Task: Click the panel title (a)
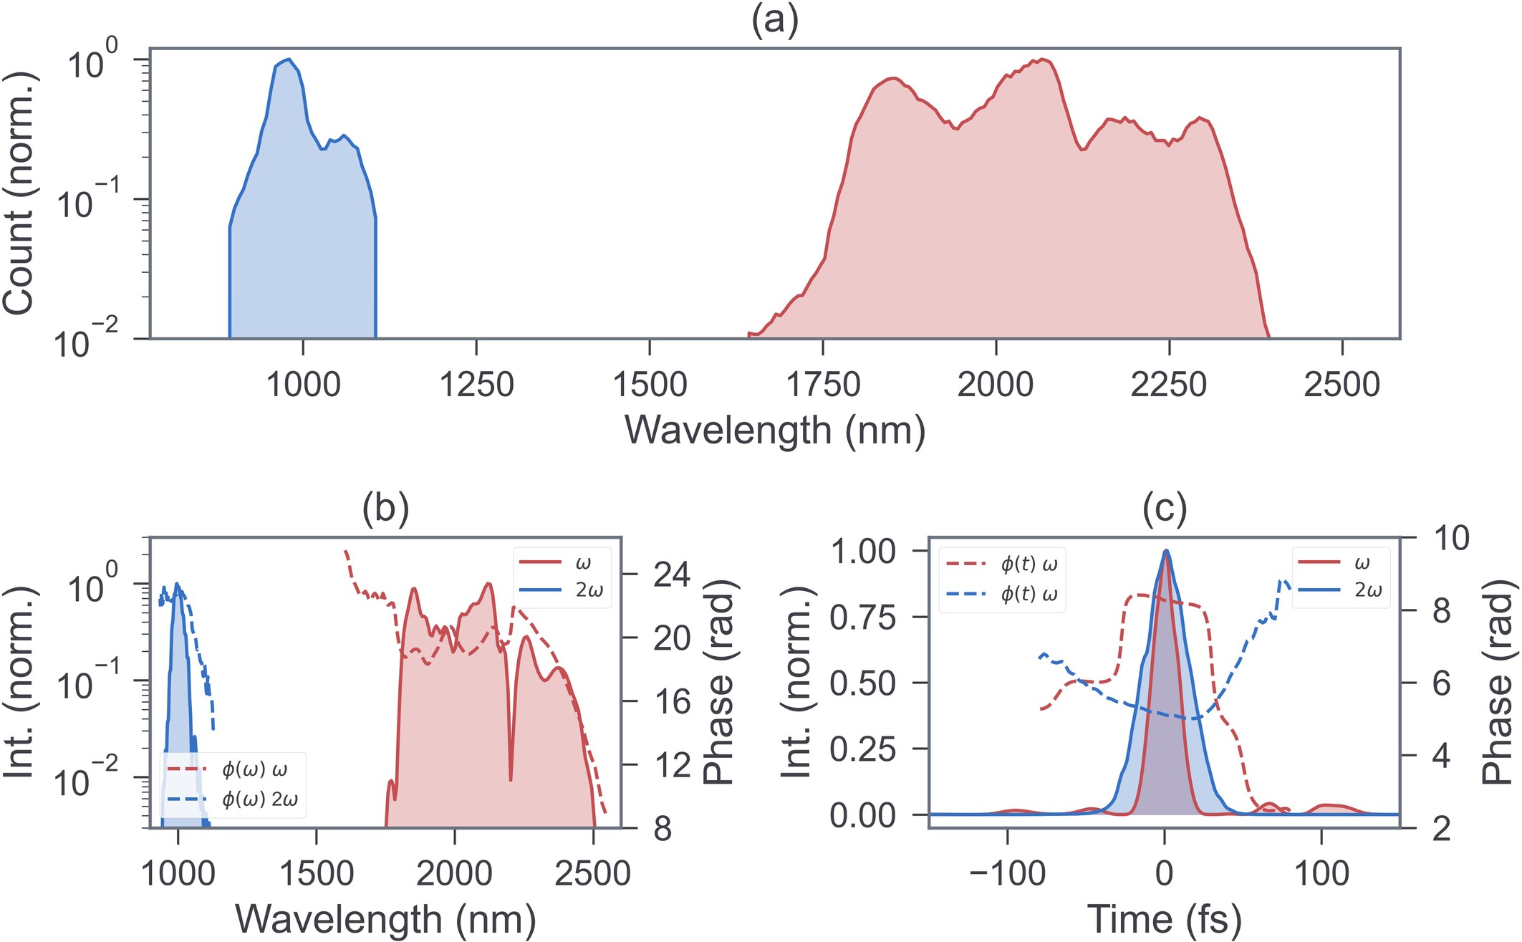pyautogui.click(x=774, y=21)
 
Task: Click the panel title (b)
pyautogui.click(x=385, y=509)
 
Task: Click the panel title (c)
pyautogui.click(x=1165, y=509)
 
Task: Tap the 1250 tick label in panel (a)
pyautogui.click(x=476, y=385)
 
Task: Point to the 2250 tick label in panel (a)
pyautogui.click(x=1168, y=385)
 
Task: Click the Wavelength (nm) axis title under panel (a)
pyautogui.click(x=774, y=431)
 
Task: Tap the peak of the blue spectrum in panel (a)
pyautogui.click(x=288, y=60)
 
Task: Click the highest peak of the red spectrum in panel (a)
pyautogui.click(x=1046, y=61)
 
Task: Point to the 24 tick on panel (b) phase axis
pyautogui.click(x=671, y=575)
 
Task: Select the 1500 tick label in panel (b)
pyautogui.click(x=316, y=874)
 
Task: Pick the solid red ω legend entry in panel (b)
pyautogui.click(x=562, y=564)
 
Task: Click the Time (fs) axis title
pyautogui.click(x=1164, y=920)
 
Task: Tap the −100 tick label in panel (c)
pyautogui.click(x=1007, y=874)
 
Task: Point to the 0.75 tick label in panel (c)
pyautogui.click(x=862, y=617)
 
